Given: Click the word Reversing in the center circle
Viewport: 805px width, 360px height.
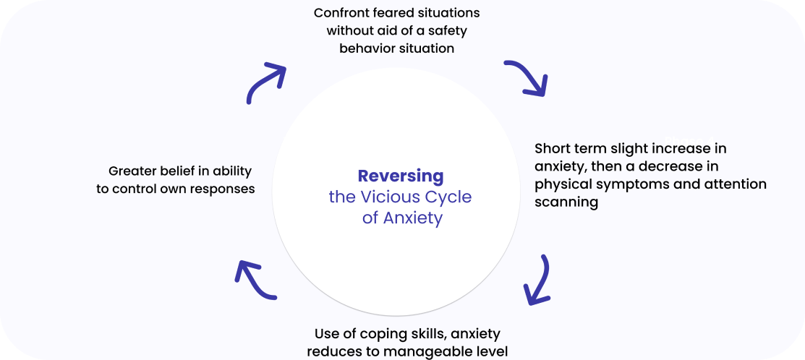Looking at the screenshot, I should click(401, 176).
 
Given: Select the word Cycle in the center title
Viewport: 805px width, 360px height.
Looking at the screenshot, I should click(452, 197).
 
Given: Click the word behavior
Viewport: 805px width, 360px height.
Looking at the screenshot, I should click(367, 48).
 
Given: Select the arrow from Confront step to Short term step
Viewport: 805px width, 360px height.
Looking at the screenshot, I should click(527, 78).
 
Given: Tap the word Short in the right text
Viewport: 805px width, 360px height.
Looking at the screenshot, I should click(552, 148).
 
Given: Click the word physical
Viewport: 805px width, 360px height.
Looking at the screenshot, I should click(561, 184).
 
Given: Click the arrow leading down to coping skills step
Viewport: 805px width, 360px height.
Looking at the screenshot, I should click(539, 278).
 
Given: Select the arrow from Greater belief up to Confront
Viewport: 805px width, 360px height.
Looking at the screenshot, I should click(265, 82).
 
